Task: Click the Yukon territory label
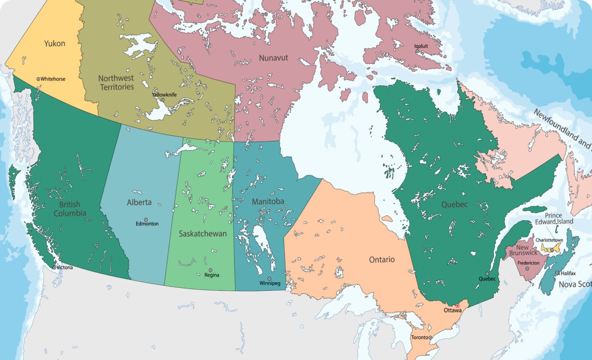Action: pyautogui.click(x=55, y=44)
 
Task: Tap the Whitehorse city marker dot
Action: pyautogui.click(x=38, y=79)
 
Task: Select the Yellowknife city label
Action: pyautogui.click(x=164, y=95)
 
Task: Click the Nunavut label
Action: pyautogui.click(x=273, y=58)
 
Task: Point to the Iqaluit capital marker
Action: pyautogui.click(x=417, y=51)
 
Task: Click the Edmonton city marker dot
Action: pyautogui.click(x=146, y=220)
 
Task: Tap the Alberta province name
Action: pyautogui.click(x=139, y=202)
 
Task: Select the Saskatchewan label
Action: pyautogui.click(x=203, y=234)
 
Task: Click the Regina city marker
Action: pyautogui.click(x=210, y=270)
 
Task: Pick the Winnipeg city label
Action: pyautogui.click(x=270, y=283)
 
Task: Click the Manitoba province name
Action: pyautogui.click(x=268, y=202)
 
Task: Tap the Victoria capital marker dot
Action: pyautogui.click(x=54, y=267)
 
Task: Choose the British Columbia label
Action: pyautogui.click(x=70, y=209)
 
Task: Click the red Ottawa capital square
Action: pyautogui.click(x=458, y=306)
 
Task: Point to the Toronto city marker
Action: pyautogui.click(x=431, y=338)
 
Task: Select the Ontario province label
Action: pyautogui.click(x=382, y=260)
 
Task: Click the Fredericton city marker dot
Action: pyautogui.click(x=527, y=269)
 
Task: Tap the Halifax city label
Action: pyautogui.click(x=568, y=273)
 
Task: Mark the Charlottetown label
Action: pyautogui.click(x=549, y=240)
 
